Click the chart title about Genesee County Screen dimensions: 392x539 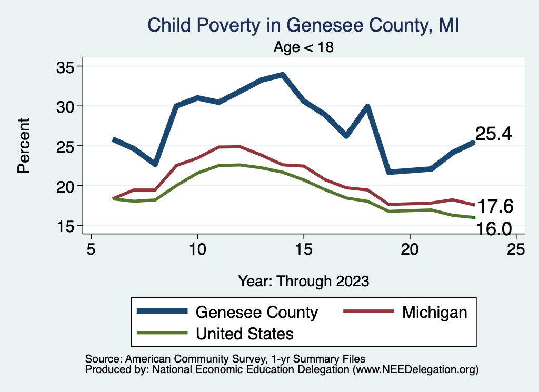[304, 25]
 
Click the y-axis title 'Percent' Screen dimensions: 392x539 [23, 146]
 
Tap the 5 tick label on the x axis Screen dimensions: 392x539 [91, 249]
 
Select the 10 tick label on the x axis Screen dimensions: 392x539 [197, 249]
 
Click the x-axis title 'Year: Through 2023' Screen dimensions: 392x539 [304, 280]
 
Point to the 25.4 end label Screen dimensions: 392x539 [494, 134]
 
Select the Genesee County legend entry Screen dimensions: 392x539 [257, 312]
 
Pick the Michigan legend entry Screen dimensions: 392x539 [434, 312]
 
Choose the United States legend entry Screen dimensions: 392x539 [245, 333]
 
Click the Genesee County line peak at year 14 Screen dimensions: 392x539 [283, 75]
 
